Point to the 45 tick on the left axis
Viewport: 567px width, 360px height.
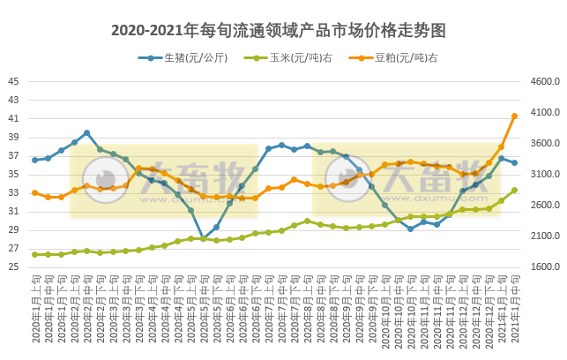(13, 81)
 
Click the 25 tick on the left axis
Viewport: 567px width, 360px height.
(13, 267)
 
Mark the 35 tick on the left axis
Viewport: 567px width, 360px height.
(13, 175)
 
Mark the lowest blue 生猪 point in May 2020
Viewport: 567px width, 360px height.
(203, 239)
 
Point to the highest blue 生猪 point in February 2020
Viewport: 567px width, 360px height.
(86, 132)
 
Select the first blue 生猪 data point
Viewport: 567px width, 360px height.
(34, 160)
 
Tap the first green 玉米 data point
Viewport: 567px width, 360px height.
(34, 254)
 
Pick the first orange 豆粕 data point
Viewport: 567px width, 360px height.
(34, 192)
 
